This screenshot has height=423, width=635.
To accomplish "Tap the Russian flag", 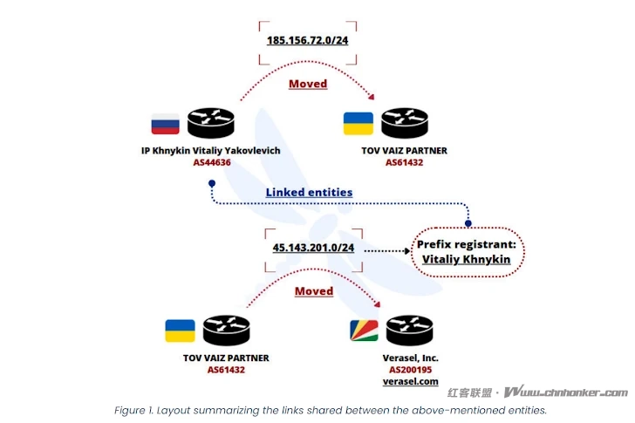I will (165, 123).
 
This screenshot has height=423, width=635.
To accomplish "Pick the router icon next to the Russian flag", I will (211, 123).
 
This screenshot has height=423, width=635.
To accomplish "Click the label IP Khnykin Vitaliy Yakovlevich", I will (211, 150).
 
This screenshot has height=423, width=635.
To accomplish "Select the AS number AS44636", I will (211, 162).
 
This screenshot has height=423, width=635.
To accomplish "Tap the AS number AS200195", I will (410, 370).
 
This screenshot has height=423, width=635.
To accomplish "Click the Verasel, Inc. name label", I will (410, 358).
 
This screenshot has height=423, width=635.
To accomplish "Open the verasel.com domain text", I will (410, 382).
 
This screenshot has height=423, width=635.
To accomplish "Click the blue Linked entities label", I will (309, 192).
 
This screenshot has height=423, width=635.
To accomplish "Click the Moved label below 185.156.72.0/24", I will (308, 84).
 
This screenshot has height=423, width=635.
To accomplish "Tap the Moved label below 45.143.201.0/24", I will (313, 290).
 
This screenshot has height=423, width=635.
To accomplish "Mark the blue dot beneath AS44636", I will (211, 184).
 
